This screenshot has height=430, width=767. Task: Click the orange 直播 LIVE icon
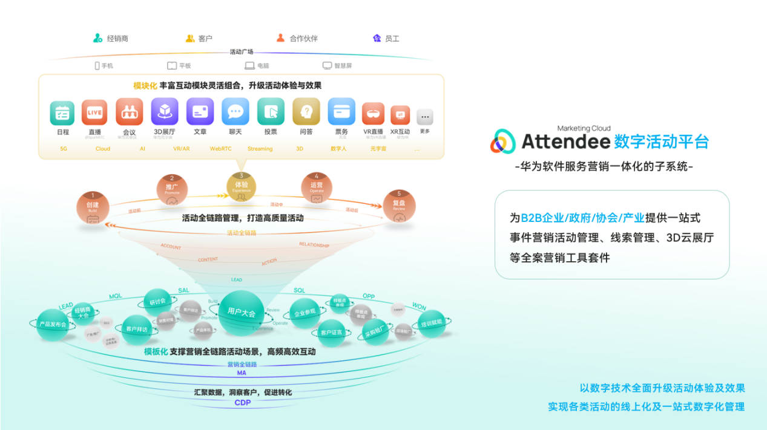coord(94,112)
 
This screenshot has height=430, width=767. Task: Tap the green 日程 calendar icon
coord(62,112)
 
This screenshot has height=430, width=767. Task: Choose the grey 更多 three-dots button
coord(425,117)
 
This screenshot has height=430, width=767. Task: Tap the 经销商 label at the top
coord(117,39)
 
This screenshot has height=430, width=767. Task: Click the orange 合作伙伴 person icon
coord(280,38)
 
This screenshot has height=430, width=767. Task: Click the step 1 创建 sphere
coord(93,207)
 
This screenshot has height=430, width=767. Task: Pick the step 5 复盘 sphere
coord(399,206)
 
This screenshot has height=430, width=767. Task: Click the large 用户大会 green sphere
coord(241,312)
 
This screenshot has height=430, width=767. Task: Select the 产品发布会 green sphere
coord(53,325)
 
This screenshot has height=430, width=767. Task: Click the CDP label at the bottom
coord(242,403)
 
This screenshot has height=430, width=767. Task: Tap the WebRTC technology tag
coord(220,149)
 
